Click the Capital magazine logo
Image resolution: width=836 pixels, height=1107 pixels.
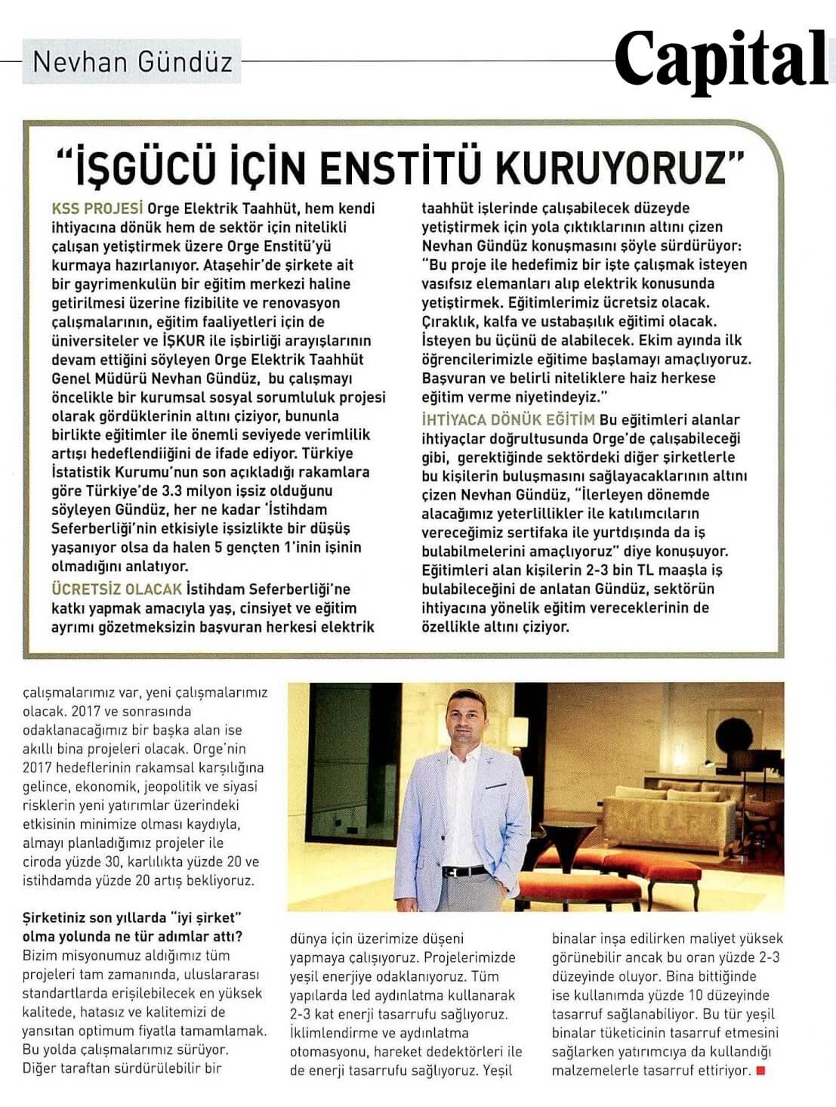(x=721, y=59)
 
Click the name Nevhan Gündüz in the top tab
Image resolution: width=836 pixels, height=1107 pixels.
(x=132, y=61)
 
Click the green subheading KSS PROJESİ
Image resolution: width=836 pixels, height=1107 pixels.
(x=97, y=209)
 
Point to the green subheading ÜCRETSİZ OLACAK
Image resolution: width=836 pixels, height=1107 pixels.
(x=117, y=589)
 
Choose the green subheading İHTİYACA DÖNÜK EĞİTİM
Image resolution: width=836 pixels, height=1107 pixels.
(x=508, y=420)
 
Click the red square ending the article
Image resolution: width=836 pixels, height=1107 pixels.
(x=760, y=1070)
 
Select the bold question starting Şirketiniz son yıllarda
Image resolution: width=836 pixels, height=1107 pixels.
(x=132, y=927)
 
